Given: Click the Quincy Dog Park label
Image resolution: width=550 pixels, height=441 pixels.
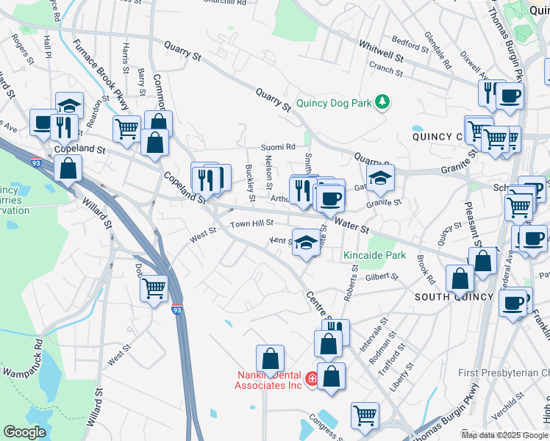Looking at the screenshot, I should click(334, 104).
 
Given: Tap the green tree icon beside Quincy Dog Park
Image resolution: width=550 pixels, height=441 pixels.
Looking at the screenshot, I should click(382, 101).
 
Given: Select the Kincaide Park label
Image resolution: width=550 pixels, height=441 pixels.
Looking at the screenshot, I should click(374, 256).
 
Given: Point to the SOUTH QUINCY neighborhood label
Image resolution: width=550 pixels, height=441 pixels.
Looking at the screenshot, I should click(453, 297).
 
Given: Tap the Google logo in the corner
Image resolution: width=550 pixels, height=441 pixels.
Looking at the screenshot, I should click(24, 432).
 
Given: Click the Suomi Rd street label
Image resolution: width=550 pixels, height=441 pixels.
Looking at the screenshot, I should click(280, 147).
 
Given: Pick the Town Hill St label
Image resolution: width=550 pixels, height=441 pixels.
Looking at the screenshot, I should click(251, 223).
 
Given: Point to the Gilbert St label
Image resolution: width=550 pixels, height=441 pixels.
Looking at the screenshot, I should click(382, 277).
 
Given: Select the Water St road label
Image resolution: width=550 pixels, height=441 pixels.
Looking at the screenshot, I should click(351, 225).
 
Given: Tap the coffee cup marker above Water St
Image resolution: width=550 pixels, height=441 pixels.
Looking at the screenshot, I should click(331, 197).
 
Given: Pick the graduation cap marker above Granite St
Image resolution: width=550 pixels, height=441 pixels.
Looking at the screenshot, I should click(379, 179).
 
